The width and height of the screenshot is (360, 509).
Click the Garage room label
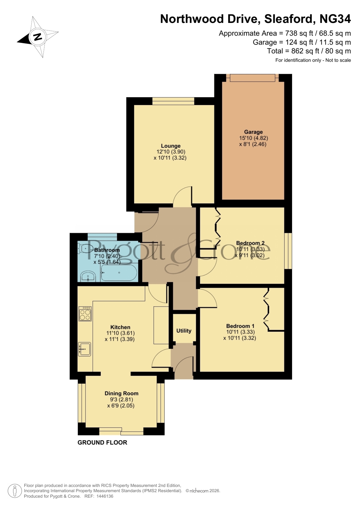(253, 132)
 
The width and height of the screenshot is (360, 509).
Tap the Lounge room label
(171, 146)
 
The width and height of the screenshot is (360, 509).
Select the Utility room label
(184, 331)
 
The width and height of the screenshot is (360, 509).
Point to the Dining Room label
(122, 393)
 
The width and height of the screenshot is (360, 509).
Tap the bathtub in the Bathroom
(119, 273)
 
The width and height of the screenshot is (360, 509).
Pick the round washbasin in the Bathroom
(88, 276)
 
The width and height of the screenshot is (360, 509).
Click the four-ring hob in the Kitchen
(85, 314)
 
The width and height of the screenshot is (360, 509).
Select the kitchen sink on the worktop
(84, 349)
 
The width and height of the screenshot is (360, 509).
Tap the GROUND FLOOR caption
(102, 442)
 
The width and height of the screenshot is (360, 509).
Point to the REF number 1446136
(105, 496)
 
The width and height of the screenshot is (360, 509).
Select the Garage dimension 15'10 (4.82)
(254, 138)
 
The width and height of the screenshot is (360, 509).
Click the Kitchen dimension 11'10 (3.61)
(121, 333)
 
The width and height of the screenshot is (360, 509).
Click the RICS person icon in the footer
(15, 491)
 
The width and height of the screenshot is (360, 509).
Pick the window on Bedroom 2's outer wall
(288, 251)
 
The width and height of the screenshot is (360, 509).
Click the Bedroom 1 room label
(240, 326)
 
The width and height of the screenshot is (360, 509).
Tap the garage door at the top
(252, 78)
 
